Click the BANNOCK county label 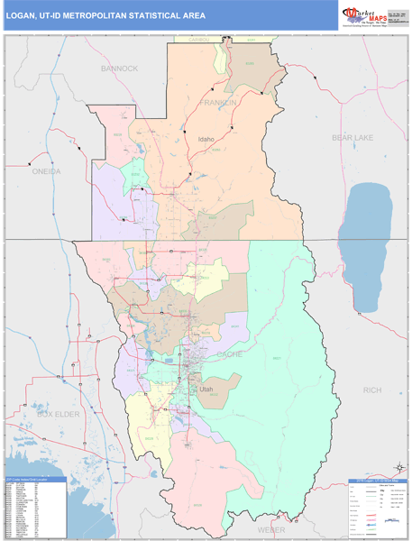click(120, 69)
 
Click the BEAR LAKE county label click(352, 137)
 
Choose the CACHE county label click(230, 354)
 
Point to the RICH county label click(371, 390)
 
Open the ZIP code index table click(34, 506)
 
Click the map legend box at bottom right click(377, 508)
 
